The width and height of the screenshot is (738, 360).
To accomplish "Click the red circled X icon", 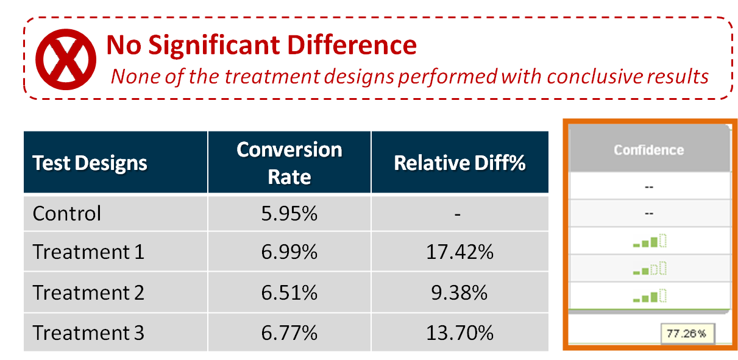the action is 66,59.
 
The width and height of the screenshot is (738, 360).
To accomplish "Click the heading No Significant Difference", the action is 261,45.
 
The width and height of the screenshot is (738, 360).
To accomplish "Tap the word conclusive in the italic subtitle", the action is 595,76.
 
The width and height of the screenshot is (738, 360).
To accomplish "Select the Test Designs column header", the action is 90,163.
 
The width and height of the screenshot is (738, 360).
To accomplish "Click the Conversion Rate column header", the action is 289,163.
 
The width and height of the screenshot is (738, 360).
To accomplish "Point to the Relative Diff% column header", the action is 459,163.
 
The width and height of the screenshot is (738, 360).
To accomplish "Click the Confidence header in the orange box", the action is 648,150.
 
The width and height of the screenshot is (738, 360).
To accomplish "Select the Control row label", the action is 67,213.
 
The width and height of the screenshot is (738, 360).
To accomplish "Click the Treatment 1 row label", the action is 88,252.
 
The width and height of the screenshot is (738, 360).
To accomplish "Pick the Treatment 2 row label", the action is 88,292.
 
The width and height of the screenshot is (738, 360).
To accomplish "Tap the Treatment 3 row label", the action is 88,333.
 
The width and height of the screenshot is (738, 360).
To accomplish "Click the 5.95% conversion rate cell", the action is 289,213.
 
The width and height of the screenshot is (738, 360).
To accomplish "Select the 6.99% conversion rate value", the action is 289,252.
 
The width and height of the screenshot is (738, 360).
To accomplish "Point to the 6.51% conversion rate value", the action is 289,292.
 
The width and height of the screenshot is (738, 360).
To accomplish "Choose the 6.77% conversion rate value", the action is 289,333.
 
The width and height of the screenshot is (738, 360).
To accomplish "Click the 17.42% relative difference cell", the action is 459,252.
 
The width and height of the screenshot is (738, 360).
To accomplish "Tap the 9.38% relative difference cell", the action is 459,292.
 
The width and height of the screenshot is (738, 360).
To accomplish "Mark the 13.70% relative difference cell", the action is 459,333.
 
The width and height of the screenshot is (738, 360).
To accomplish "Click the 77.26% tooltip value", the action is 686,334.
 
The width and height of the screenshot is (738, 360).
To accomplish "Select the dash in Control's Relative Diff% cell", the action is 458,215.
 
